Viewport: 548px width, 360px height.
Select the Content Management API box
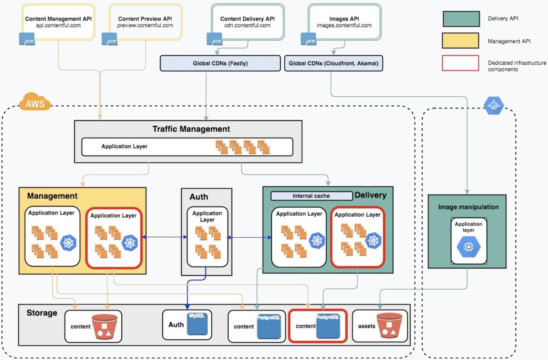58,22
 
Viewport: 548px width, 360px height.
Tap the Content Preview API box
145,22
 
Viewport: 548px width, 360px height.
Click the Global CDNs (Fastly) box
220,63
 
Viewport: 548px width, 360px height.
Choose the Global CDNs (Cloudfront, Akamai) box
333,63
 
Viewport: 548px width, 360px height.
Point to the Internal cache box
311,196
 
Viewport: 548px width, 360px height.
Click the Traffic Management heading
191,129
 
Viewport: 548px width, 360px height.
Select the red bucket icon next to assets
389,325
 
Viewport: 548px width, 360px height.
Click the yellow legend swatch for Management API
460,40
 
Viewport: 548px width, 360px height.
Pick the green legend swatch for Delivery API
461,19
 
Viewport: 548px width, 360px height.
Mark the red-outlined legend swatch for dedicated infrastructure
460,63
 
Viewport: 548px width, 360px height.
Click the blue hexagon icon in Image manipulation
468,247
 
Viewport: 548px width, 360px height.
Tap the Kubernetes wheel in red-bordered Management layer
130,243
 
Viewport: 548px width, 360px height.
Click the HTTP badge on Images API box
309,39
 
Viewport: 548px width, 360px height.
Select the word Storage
42,313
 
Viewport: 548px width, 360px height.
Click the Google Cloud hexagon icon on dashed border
493,106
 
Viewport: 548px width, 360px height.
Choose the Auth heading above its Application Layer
199,197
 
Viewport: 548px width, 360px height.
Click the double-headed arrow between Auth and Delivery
249,237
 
